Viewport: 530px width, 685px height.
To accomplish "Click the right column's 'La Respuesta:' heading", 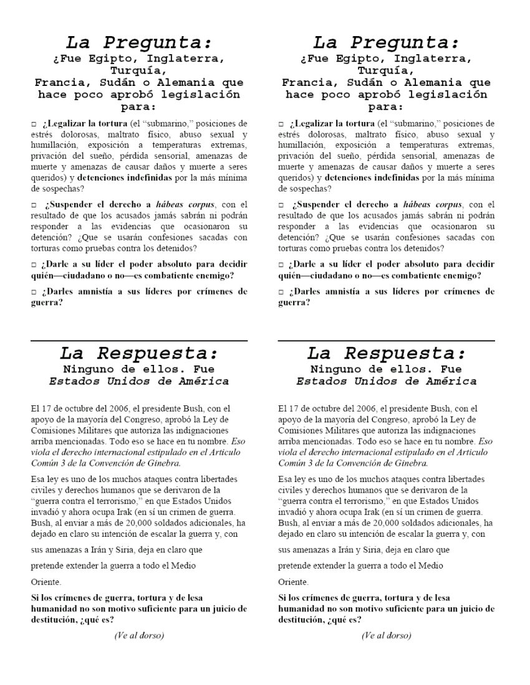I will click(386, 353).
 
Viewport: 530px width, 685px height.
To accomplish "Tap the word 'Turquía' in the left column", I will click(138, 71).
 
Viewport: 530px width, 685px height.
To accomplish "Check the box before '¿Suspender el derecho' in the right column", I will click(281, 205).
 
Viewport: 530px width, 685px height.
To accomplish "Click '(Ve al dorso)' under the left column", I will click(138, 635).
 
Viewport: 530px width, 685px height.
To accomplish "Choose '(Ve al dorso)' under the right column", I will click(386, 635).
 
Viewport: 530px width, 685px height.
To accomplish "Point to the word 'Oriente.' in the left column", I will click(46, 582).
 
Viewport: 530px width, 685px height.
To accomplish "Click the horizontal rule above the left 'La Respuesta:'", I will click(138, 341).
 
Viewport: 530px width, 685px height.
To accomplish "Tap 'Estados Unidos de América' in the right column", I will click(386, 381).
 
